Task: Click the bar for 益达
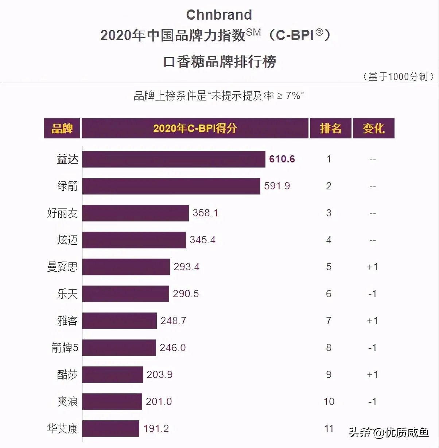pyautogui.click(x=174, y=159)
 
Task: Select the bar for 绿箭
pyautogui.click(x=171, y=186)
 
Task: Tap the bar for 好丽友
pyautogui.click(x=135, y=213)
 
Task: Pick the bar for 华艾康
pyautogui.click(x=110, y=429)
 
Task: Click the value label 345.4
pyautogui.click(x=202, y=240)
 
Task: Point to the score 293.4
pyautogui.click(x=186, y=267)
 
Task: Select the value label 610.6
pyautogui.click(x=282, y=159)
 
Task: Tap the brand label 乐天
pyautogui.click(x=67, y=294)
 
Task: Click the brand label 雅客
pyautogui.click(x=67, y=321)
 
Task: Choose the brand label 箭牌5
pyautogui.click(x=65, y=348)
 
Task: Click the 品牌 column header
pyautogui.click(x=62, y=128)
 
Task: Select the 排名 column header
pyautogui.click(x=330, y=128)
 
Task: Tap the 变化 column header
pyautogui.click(x=373, y=128)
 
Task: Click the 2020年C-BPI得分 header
pyautogui.click(x=195, y=128)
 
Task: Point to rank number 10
pyautogui.click(x=329, y=402)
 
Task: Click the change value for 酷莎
pyautogui.click(x=372, y=375)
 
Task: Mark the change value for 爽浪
pyautogui.click(x=372, y=402)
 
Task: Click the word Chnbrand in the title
pyautogui.click(x=219, y=15)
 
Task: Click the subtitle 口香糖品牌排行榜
pyautogui.click(x=219, y=62)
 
